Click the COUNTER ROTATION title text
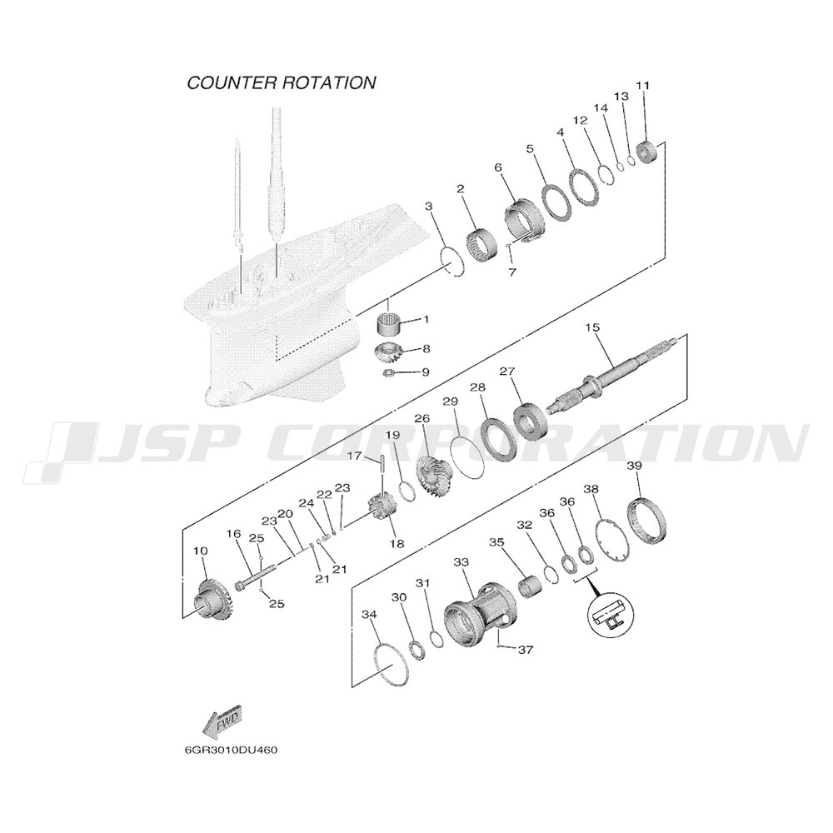click(282, 82)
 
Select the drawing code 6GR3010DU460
click(231, 751)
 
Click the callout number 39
click(634, 466)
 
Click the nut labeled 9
click(391, 373)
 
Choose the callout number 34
click(369, 614)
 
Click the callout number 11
click(643, 85)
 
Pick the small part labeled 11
click(646, 152)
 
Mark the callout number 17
click(354, 456)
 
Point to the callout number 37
click(526, 649)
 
